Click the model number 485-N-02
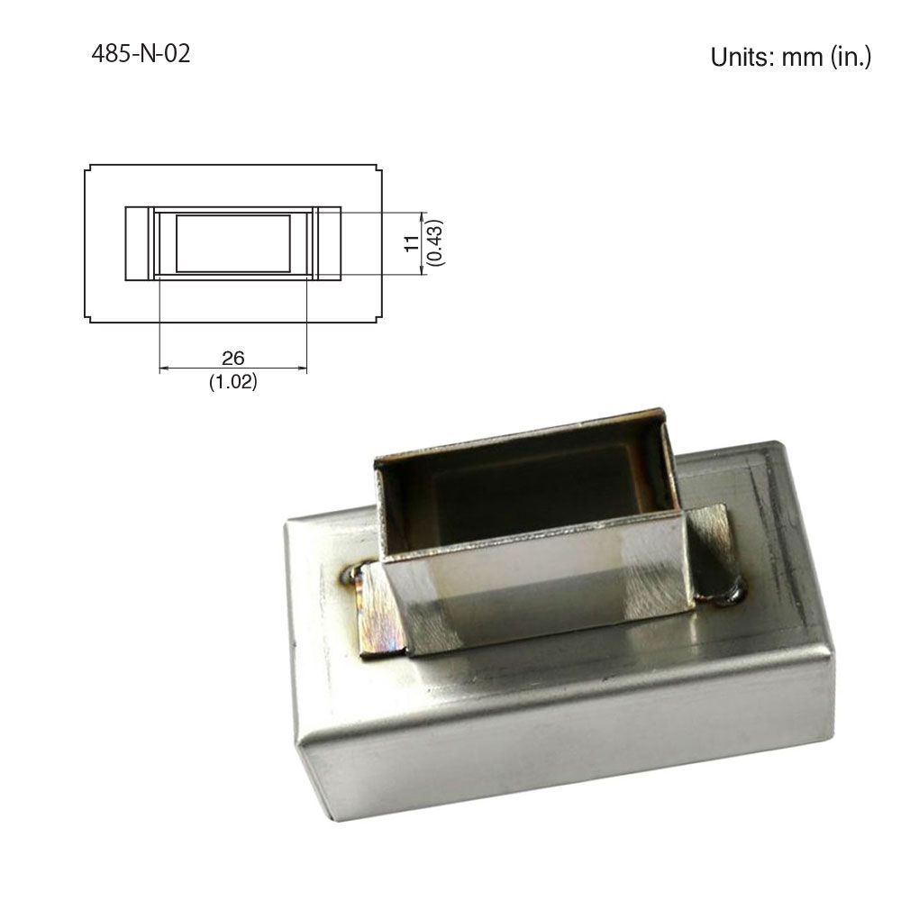click(x=141, y=53)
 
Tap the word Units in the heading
click(x=742, y=57)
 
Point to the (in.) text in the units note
click(x=851, y=58)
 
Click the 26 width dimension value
click(x=233, y=358)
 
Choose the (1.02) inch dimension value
click(x=232, y=381)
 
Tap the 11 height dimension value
click(x=412, y=243)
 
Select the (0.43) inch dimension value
click(x=435, y=242)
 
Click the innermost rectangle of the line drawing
click(x=233, y=243)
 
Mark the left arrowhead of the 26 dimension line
click(x=163, y=369)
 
